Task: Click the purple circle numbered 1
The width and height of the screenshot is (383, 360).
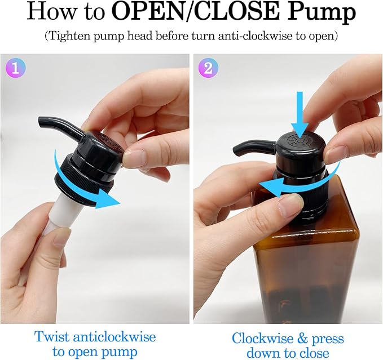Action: click(15, 68)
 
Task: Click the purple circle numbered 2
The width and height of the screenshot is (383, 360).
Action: click(208, 68)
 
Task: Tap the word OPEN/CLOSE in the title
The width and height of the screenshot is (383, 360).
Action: click(197, 12)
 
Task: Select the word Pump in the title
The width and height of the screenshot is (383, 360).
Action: click(322, 13)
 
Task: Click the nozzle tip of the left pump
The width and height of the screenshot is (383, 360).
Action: click(41, 122)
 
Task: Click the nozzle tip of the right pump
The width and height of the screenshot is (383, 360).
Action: click(237, 150)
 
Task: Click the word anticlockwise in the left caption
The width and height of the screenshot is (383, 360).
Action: click(115, 337)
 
